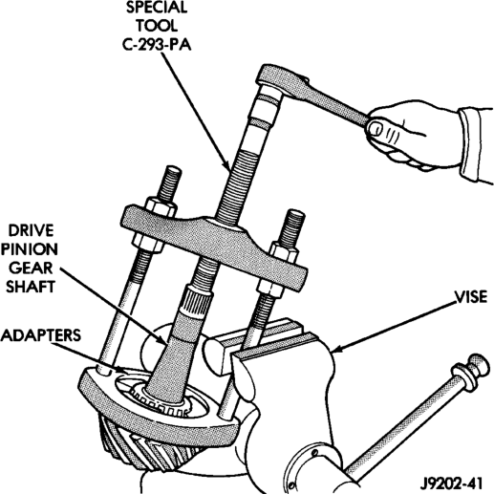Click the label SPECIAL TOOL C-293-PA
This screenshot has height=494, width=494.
(x=157, y=26)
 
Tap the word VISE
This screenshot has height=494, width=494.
(x=471, y=297)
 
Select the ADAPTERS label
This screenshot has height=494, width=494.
(x=41, y=335)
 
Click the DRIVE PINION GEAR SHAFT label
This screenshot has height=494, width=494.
(x=31, y=259)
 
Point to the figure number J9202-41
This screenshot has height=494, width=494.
(x=451, y=483)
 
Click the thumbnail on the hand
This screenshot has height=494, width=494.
(x=376, y=129)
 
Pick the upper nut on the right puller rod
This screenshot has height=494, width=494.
(x=284, y=250)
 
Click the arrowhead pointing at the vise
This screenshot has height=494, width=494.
(x=337, y=350)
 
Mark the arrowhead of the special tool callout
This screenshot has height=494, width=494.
(x=226, y=165)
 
